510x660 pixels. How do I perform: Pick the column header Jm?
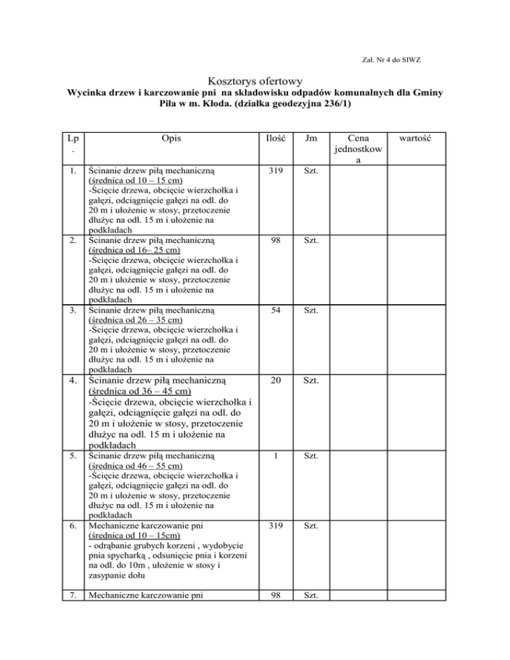309,140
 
